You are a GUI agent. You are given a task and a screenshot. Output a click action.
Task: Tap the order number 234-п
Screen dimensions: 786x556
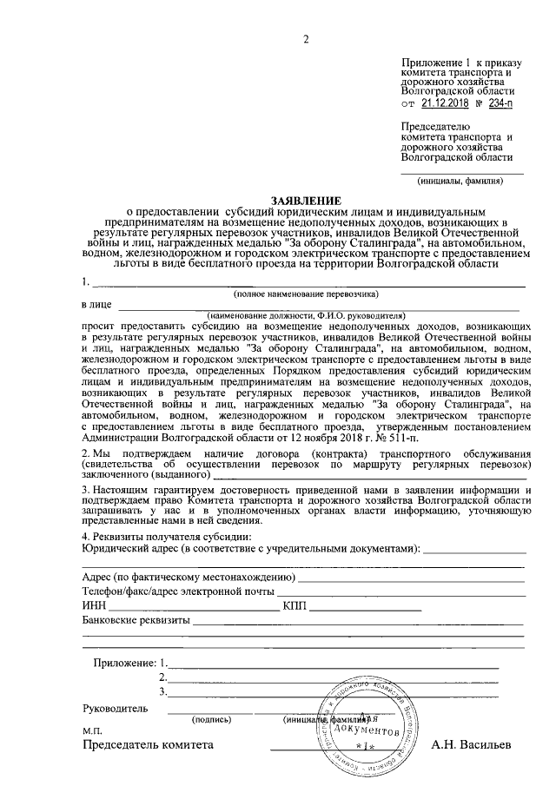(x=499, y=102)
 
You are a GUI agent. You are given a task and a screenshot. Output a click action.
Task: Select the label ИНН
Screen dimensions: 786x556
(x=93, y=605)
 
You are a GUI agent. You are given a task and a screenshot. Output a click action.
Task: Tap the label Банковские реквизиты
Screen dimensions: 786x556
(x=136, y=620)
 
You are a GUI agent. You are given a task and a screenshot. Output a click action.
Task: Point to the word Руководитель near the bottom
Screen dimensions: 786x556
(x=115, y=708)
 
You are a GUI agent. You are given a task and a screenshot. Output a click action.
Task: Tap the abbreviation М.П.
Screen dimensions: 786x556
(x=92, y=731)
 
